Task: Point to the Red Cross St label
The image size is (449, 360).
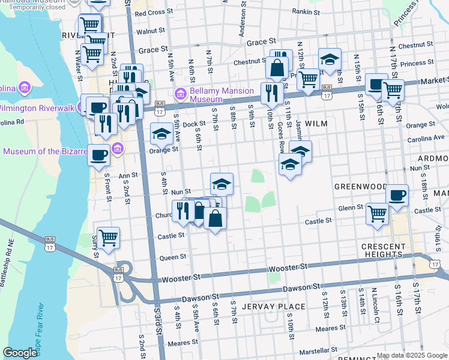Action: point(154,13)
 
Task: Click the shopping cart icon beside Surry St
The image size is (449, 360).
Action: point(108,237)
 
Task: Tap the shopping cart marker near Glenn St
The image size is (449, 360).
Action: point(377,212)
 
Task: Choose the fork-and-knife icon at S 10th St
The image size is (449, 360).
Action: point(271,92)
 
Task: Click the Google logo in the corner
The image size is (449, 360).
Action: point(20,353)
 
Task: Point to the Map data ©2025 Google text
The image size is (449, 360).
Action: point(411,355)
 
